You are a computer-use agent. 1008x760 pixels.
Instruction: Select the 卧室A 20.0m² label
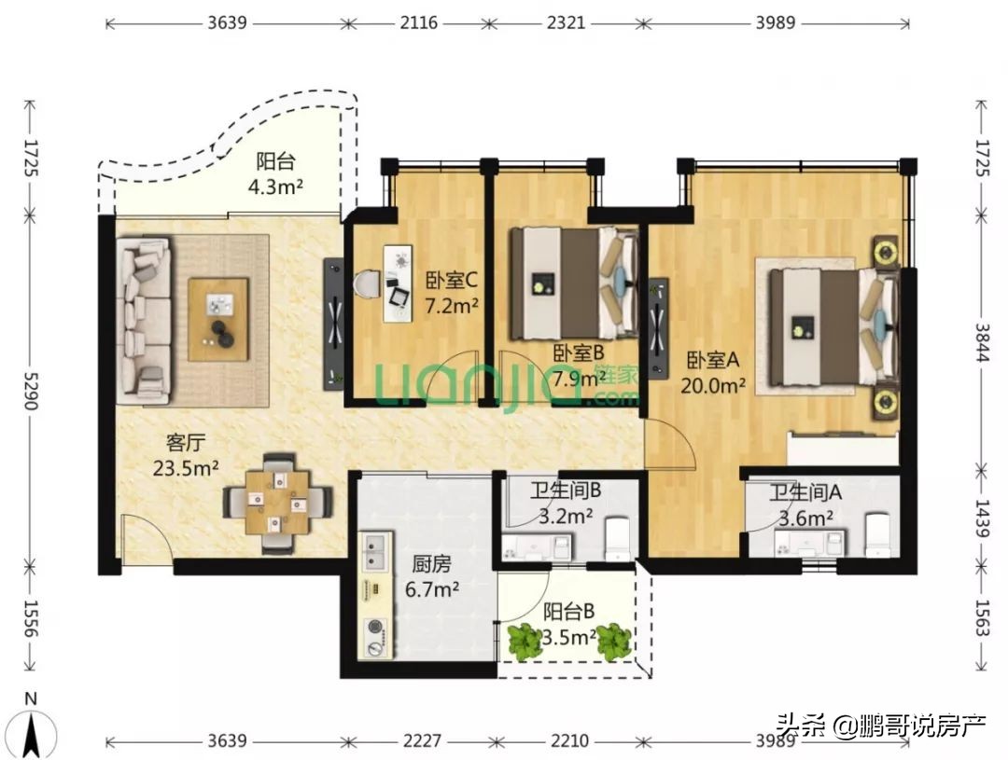[x=716, y=371]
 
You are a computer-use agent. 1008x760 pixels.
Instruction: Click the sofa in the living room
[x=143, y=320]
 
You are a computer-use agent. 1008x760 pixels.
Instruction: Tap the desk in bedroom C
[x=398, y=283]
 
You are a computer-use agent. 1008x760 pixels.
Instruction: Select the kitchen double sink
[x=375, y=553]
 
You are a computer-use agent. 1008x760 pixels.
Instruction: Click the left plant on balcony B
[x=525, y=642]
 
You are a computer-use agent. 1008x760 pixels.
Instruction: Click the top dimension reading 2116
[x=417, y=22]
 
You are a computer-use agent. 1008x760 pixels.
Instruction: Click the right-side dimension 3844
[x=981, y=344]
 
